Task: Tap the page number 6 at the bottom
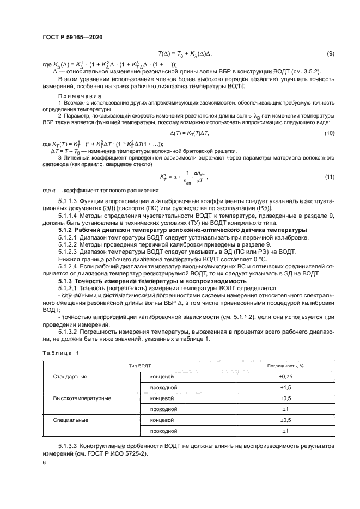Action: (x=44, y=463)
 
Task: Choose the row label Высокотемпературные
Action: (x=82, y=398)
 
